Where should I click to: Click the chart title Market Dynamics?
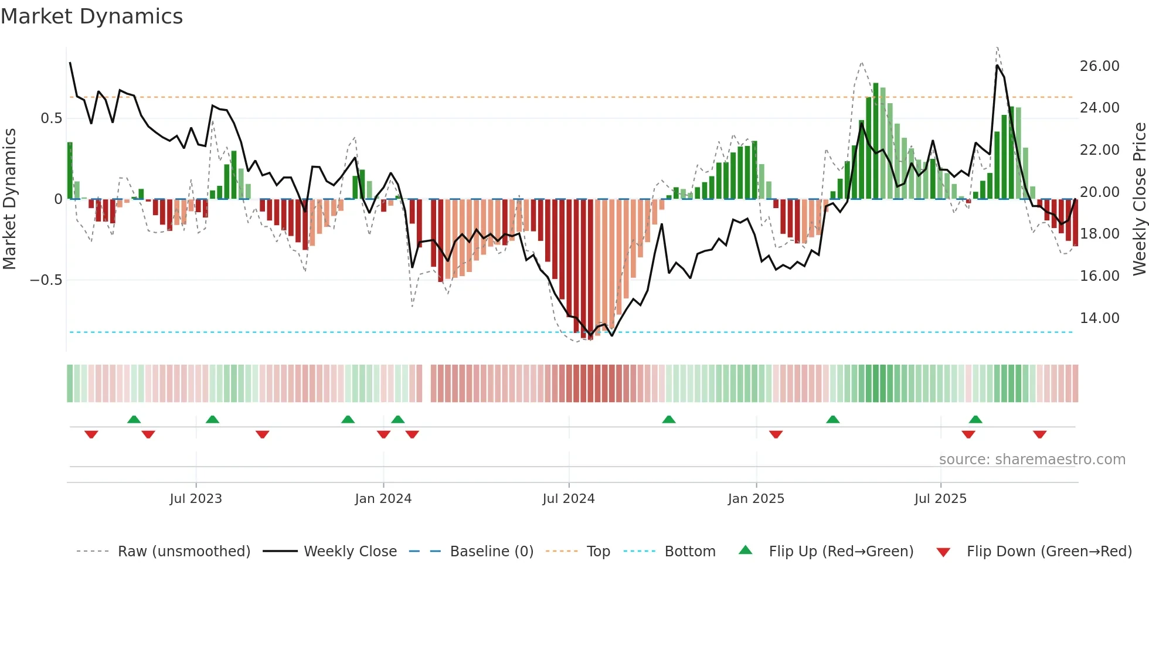tap(91, 16)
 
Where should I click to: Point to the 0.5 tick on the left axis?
tap(51, 118)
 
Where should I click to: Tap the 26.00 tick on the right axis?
tap(1099, 66)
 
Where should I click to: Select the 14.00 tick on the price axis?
tap(1099, 318)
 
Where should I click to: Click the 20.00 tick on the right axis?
tap(1099, 192)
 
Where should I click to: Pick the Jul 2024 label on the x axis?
tap(568, 499)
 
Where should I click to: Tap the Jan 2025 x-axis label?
tap(756, 499)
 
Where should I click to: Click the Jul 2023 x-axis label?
tap(196, 499)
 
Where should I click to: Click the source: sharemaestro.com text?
tap(1032, 460)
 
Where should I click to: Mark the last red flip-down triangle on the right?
tap(1039, 434)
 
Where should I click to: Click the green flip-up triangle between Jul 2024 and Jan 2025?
tap(668, 419)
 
